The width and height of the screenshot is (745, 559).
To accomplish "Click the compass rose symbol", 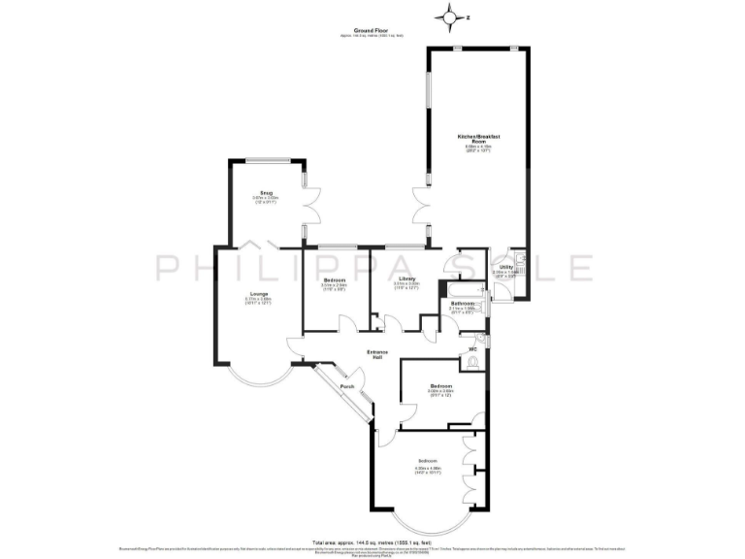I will [450, 16].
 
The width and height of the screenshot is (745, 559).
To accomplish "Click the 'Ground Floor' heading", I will [372, 31].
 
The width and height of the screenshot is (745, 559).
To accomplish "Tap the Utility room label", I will [505, 267].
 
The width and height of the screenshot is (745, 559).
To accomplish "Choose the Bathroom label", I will [461, 304].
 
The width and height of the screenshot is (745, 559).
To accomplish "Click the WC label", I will [472, 348].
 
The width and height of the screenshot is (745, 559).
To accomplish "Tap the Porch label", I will [346, 387].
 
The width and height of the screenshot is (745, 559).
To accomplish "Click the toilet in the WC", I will [473, 362].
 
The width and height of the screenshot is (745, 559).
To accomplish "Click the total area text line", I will [372, 542].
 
